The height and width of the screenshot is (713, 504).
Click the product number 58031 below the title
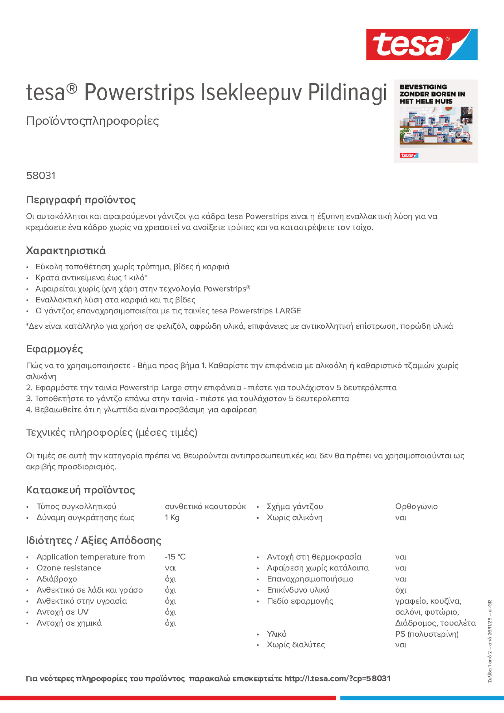tap(41, 176)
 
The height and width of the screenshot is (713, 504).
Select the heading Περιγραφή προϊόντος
tap(81, 200)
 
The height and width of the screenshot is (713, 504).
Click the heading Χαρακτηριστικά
tap(65, 251)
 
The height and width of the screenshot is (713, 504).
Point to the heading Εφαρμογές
tap(54, 349)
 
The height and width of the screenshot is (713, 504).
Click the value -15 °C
tap(175, 557)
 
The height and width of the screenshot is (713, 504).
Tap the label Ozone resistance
tap(69, 568)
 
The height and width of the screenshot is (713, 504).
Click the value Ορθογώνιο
tap(416, 506)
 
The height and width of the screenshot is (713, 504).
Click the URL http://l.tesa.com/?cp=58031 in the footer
tap(337, 678)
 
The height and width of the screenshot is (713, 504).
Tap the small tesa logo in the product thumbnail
tap(409, 155)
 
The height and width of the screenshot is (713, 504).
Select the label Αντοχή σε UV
tap(62, 612)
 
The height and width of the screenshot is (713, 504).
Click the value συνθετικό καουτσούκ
tap(205, 506)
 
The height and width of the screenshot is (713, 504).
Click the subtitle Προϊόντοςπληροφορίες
tap(92, 121)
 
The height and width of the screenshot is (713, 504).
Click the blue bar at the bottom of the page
tap(422, 698)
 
